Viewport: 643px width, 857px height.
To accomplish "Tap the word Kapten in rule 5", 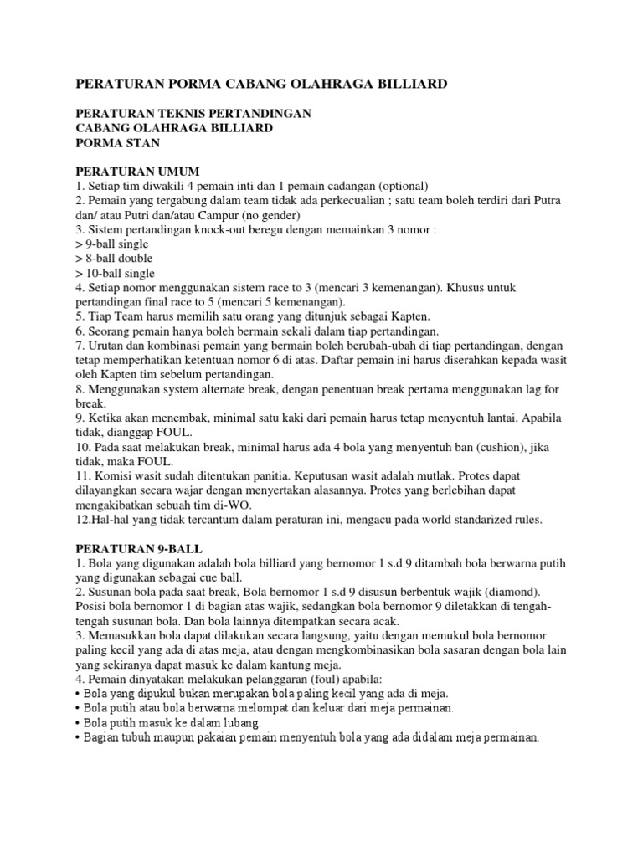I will click(x=407, y=316).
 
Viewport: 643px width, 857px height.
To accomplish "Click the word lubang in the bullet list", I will click(x=237, y=722).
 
